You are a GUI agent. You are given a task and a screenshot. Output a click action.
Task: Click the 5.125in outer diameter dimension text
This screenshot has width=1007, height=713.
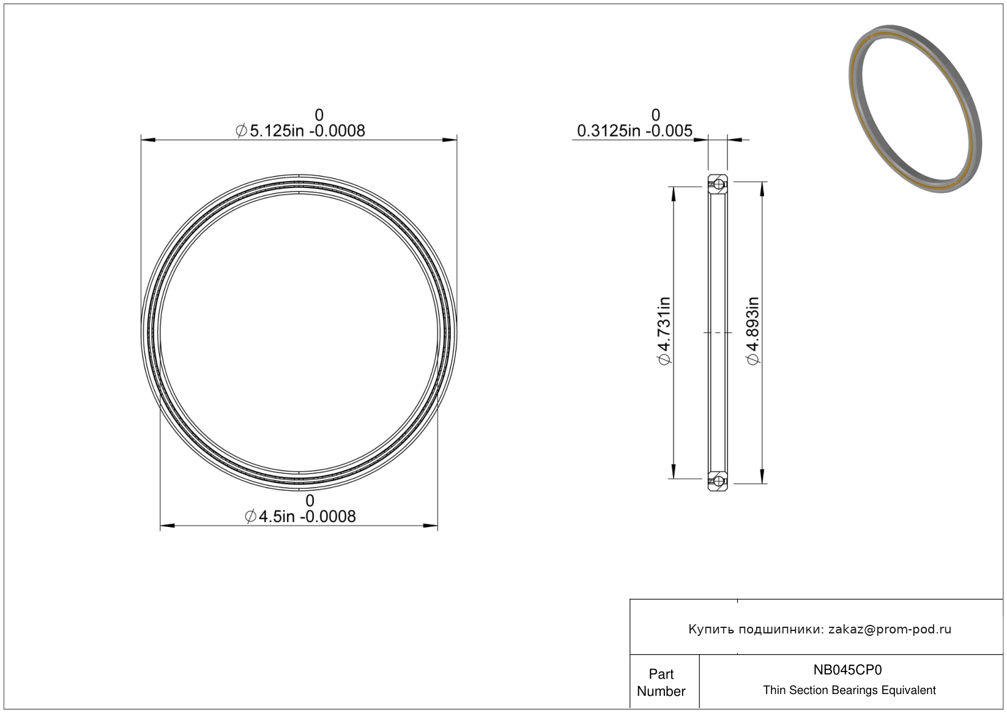click(x=300, y=131)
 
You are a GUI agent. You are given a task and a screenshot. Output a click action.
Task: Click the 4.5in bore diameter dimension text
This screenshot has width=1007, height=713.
click(x=300, y=517)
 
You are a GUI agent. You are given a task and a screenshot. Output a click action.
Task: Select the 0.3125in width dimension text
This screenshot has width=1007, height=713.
click(x=634, y=131)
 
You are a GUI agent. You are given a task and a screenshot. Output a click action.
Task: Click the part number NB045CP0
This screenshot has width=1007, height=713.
click(x=847, y=670)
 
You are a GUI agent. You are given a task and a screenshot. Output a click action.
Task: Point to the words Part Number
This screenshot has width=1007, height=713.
click(x=661, y=682)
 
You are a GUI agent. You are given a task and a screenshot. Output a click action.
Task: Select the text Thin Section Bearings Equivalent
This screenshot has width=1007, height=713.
click(x=849, y=690)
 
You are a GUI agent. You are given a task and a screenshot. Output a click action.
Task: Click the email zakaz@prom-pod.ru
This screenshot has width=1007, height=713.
click(x=890, y=629)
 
